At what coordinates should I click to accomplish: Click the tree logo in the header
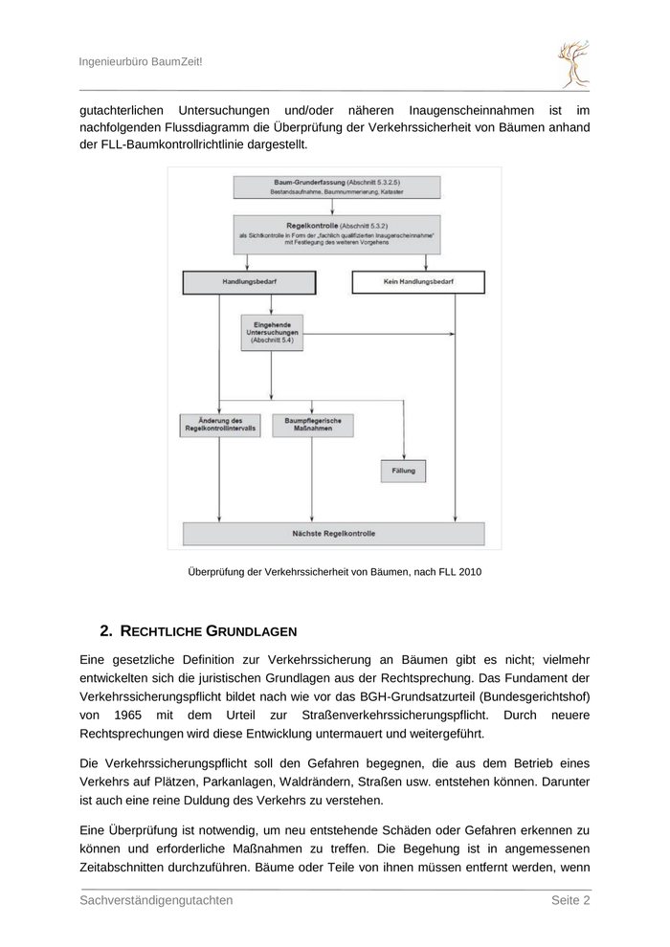click(573, 64)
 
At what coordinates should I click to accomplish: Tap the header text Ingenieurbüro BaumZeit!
click(141, 61)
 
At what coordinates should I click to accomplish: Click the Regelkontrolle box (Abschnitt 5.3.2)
click(336, 235)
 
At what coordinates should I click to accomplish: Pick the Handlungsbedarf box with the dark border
click(250, 283)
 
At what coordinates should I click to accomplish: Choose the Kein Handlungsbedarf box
click(418, 283)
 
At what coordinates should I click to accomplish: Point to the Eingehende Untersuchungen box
click(272, 331)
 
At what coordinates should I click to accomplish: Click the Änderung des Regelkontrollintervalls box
click(219, 426)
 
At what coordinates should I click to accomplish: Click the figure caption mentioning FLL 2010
click(334, 572)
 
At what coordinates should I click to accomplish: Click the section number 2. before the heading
click(106, 631)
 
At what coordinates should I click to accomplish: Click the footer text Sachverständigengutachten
click(156, 900)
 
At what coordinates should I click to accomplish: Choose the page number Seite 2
click(569, 900)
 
